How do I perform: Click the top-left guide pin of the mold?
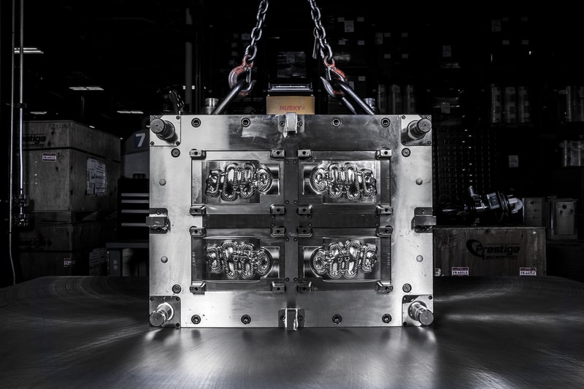(x=163, y=128)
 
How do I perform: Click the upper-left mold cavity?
(x=238, y=180)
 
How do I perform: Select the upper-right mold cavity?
(x=343, y=180)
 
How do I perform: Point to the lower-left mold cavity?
(x=238, y=258)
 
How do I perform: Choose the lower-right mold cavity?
(x=344, y=258)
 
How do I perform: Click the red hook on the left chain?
(x=240, y=72)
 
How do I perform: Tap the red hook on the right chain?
(x=335, y=72)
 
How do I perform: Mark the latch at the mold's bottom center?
(x=291, y=317)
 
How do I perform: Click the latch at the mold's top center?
(x=291, y=123)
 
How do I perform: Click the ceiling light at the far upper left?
(x=28, y=50)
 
